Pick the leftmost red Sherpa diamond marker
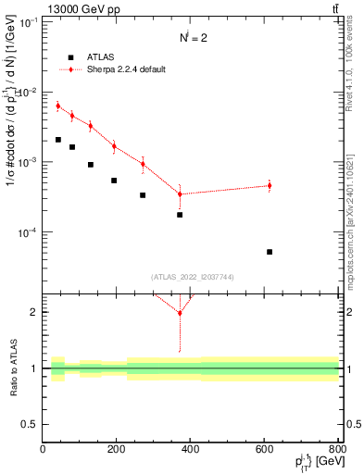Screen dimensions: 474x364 [x=57, y=106]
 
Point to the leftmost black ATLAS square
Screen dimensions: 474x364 [x=57, y=140]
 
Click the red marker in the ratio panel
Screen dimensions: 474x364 [x=180, y=313]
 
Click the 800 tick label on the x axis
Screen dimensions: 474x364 [x=337, y=449]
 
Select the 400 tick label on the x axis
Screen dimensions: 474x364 [x=190, y=449]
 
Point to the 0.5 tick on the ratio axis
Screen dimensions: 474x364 [x=31, y=424]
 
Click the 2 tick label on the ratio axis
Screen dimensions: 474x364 [x=34, y=313]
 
